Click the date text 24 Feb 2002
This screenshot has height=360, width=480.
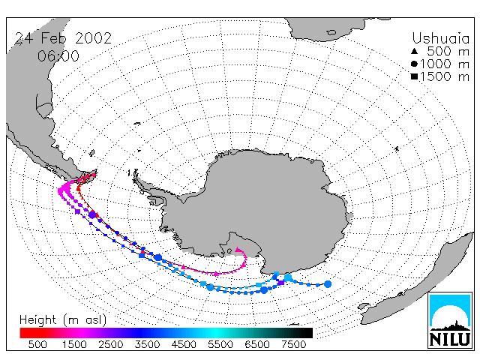tap(63, 38)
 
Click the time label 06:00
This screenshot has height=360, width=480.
tap(58, 56)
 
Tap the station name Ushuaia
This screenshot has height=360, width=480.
tap(440, 38)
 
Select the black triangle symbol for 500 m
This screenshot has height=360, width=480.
tap(414, 51)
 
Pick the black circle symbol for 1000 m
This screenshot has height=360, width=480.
tap(414, 64)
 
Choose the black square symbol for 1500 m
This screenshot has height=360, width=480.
tap(414, 76)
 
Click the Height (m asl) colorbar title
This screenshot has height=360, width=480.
tap(63, 320)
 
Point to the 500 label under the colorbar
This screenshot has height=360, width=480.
tap(37, 344)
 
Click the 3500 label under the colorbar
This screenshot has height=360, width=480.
tap(147, 344)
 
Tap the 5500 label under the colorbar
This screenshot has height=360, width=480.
tap(220, 344)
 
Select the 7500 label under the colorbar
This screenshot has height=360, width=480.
tap(293, 344)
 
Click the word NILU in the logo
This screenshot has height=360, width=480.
tap(450, 339)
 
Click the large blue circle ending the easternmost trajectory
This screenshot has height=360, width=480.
tap(328, 284)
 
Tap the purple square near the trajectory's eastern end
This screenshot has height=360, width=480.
tap(281, 282)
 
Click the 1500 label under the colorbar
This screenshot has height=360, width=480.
tap(74, 344)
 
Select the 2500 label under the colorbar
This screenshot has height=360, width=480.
tap(110, 344)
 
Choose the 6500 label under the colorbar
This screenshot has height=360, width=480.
tap(257, 344)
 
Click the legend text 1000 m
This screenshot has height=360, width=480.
tap(445, 64)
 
